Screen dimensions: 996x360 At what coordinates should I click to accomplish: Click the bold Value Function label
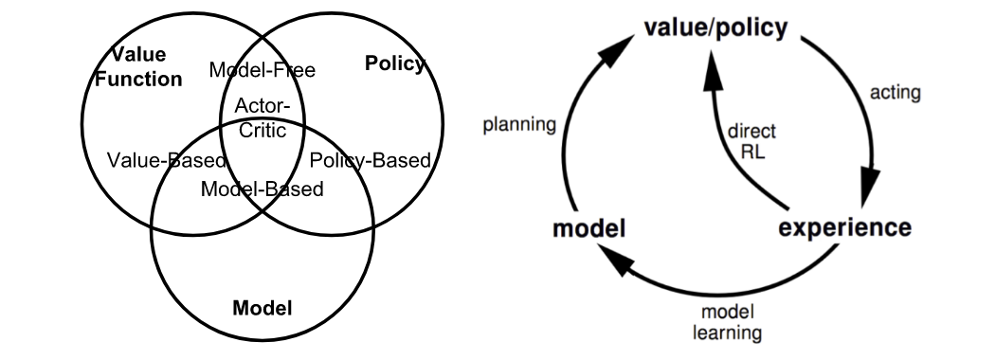(138, 66)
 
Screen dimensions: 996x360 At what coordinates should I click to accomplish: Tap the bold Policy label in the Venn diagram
(394, 63)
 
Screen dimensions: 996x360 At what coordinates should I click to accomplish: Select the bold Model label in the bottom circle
(263, 308)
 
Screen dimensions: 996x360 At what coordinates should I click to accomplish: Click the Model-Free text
(263, 70)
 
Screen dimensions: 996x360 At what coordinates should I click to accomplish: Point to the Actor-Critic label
(263, 117)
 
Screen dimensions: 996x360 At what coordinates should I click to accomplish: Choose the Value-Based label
(167, 160)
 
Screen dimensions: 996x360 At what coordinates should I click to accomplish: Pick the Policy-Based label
(370, 161)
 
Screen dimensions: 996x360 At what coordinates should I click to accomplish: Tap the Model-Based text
(263, 189)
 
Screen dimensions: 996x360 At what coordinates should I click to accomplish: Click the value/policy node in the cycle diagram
(715, 27)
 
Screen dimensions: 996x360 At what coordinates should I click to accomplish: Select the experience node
(844, 227)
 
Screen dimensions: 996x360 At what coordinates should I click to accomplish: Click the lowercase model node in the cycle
(589, 228)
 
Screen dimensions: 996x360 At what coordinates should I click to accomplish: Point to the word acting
(895, 93)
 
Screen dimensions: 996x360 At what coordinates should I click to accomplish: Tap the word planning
(519, 124)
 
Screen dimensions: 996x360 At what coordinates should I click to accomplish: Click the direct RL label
(752, 141)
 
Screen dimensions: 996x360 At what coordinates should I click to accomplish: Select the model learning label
(727, 322)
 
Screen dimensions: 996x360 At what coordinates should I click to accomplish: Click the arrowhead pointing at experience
(869, 188)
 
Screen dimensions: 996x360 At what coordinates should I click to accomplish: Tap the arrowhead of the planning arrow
(616, 51)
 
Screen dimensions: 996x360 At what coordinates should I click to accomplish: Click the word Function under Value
(138, 79)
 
